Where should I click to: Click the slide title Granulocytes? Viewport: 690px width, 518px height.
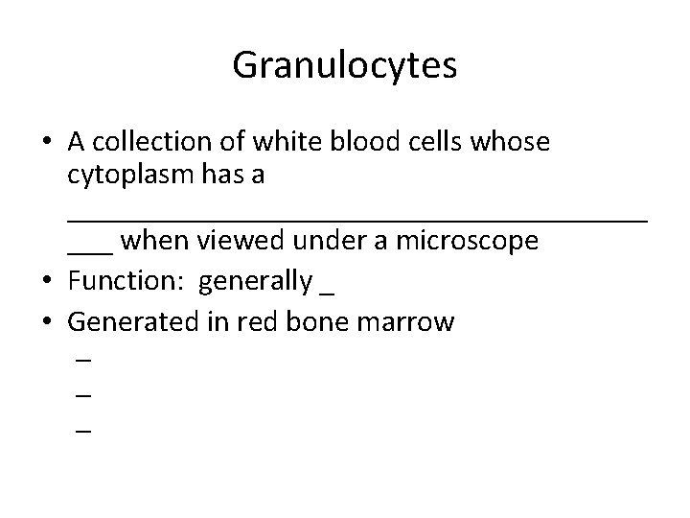(344, 66)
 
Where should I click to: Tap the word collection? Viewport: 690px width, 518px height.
(147, 142)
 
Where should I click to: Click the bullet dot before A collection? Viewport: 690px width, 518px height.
(46, 143)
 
